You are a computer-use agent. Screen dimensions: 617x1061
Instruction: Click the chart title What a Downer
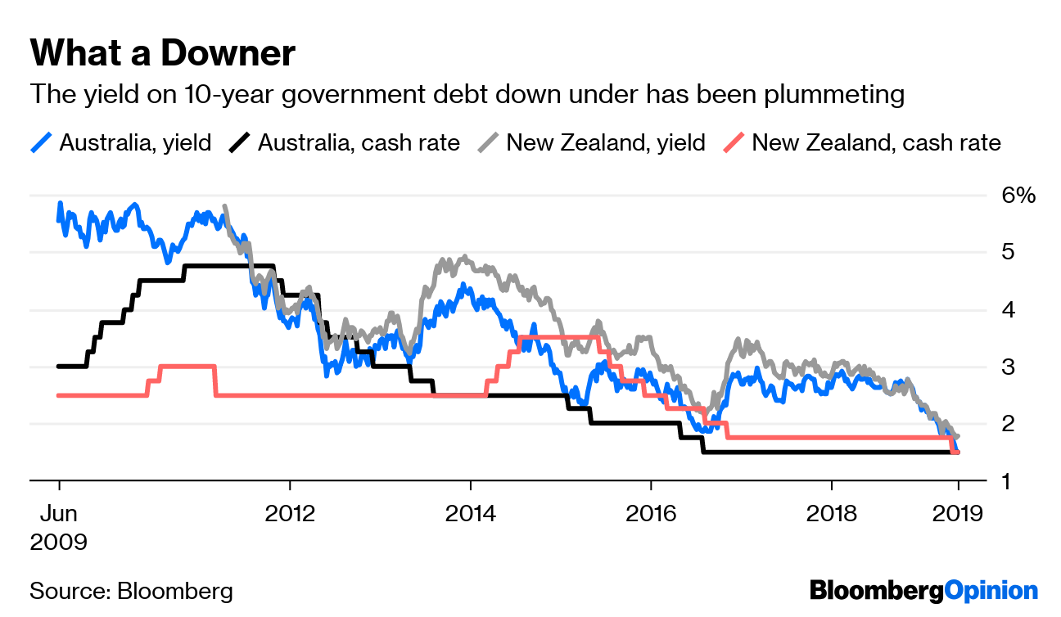(x=162, y=54)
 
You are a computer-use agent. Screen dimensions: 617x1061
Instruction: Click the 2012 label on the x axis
(x=290, y=514)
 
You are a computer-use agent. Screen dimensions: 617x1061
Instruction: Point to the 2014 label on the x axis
(x=470, y=514)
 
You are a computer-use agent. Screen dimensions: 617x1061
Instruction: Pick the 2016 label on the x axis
(x=651, y=514)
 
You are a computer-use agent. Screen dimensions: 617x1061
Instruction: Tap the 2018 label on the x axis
(x=832, y=514)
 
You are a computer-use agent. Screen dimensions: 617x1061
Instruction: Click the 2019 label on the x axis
(x=958, y=514)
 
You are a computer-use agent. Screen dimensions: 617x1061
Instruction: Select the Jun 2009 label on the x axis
(x=58, y=527)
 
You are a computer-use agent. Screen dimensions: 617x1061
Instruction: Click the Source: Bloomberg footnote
(x=131, y=591)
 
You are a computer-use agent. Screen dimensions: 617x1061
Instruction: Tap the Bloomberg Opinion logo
(x=923, y=591)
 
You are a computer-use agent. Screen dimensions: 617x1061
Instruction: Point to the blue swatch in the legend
(x=41, y=142)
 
